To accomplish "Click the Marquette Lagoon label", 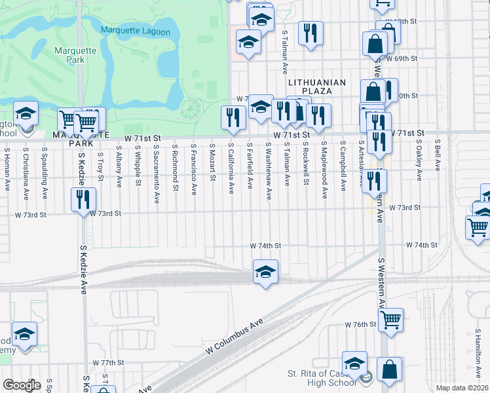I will click(x=136, y=31).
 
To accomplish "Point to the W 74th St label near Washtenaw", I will click(x=265, y=246).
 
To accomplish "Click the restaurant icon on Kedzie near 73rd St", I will click(x=83, y=198).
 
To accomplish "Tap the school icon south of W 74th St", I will click(x=265, y=271).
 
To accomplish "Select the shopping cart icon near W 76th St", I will click(x=390, y=320).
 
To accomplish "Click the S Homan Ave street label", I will click(x=7, y=164).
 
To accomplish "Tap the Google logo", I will click(x=22, y=385).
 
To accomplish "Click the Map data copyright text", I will click(x=462, y=388).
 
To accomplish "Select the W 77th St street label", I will click(x=108, y=362).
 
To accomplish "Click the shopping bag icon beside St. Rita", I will click(x=389, y=369).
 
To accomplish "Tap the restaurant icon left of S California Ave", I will click(x=233, y=117).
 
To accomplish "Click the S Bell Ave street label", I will click(x=437, y=156).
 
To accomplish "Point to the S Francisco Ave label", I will click(x=194, y=170).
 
